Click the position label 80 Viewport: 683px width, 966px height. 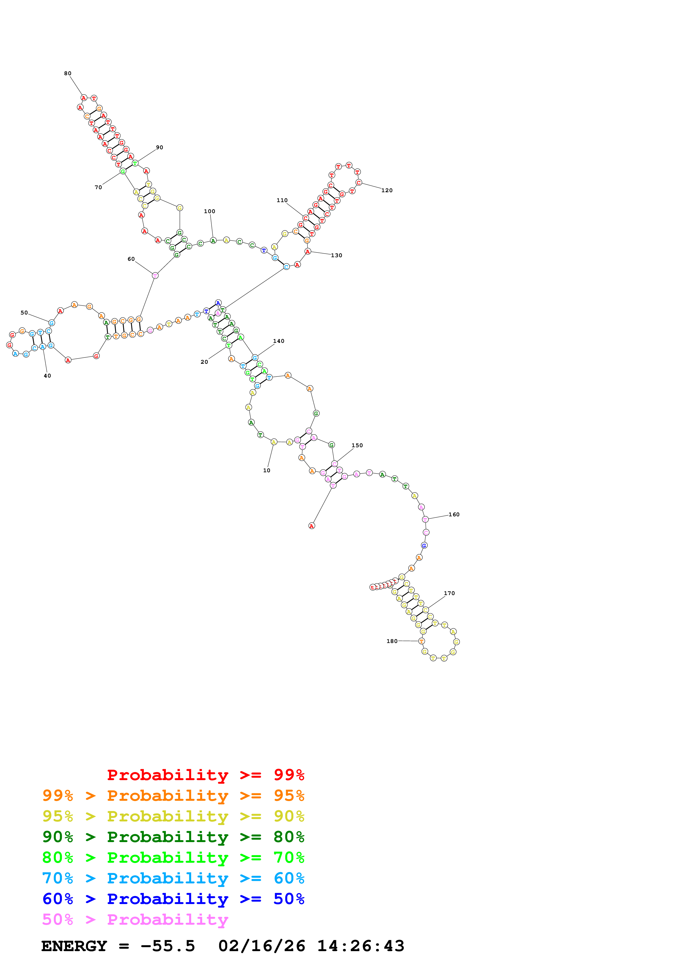[68, 74]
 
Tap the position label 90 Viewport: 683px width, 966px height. [160, 148]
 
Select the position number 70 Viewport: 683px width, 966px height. [98, 188]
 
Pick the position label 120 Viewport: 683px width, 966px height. [387, 191]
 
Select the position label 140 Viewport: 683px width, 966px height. [279, 341]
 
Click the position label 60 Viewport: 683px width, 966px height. [131, 259]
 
